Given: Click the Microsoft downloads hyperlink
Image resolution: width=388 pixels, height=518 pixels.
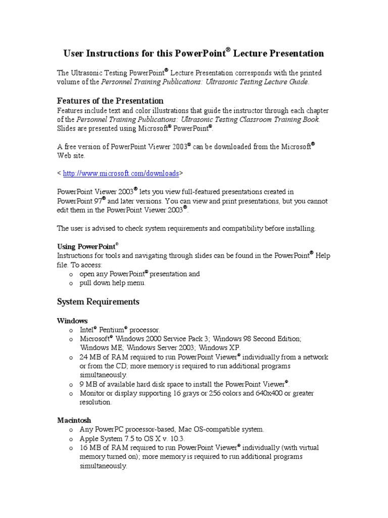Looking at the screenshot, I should pyautogui.click(x=121, y=174).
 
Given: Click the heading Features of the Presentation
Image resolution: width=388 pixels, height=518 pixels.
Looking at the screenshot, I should pyautogui.click(x=110, y=101).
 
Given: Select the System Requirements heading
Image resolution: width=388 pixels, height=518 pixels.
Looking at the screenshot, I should pyautogui.click(x=98, y=302).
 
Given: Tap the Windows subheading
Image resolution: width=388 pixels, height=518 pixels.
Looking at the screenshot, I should pyautogui.click(x=72, y=321).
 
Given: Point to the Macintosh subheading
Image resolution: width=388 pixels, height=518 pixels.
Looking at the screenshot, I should pyautogui.click(x=74, y=420).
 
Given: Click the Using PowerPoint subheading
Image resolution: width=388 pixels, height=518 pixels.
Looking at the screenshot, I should pyautogui.click(x=86, y=247).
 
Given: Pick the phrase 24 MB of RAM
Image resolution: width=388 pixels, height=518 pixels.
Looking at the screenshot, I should pyautogui.click(x=102, y=357).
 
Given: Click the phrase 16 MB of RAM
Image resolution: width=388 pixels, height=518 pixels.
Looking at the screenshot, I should pyautogui.click(x=102, y=448).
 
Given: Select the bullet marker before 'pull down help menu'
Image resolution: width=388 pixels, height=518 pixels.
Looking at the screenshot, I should pyautogui.click(x=71, y=283).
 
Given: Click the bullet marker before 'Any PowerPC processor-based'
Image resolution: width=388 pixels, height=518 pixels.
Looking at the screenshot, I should pyautogui.click(x=71, y=429).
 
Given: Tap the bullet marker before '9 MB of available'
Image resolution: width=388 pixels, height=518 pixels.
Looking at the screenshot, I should pyautogui.click(x=71, y=384).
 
